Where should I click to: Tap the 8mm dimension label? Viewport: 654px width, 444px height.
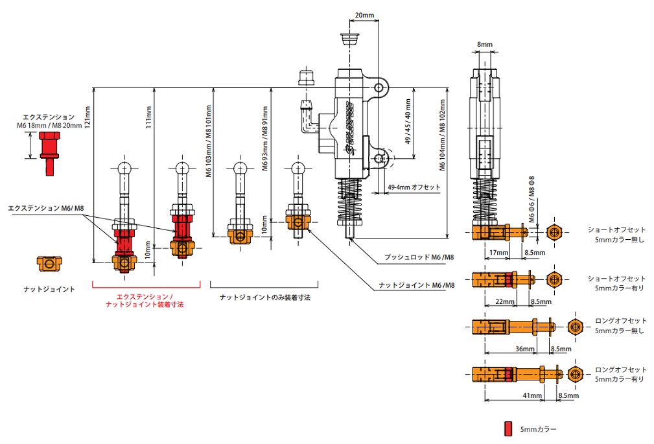pos(484,45)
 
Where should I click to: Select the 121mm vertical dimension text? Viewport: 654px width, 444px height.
pos(88,116)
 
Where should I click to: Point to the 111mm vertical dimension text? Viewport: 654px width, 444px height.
pos(148,121)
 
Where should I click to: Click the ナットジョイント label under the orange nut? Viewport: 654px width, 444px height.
pos(48,289)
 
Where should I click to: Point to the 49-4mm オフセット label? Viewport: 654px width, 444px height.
pos(414,187)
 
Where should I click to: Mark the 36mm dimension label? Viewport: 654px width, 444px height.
pos(525,349)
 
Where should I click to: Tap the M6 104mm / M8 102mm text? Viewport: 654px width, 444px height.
pos(443,135)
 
